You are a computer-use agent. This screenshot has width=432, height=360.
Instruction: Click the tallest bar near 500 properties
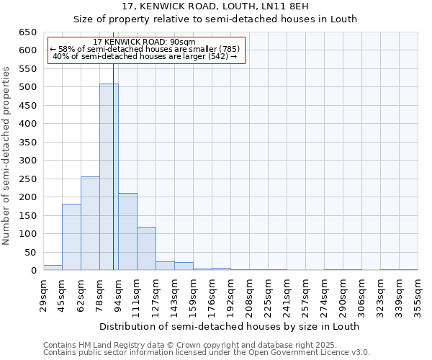click(x=108, y=177)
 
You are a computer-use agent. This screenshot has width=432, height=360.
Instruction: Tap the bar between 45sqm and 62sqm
click(x=71, y=238)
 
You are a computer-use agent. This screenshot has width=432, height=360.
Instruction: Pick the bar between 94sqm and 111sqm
click(x=127, y=232)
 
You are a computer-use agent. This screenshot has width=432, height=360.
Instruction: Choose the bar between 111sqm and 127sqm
click(x=146, y=249)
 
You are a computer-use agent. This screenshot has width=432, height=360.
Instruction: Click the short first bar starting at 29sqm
click(x=53, y=268)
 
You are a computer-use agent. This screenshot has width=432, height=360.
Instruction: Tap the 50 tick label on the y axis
click(x=31, y=253)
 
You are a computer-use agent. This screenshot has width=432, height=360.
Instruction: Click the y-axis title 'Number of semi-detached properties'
click(x=7, y=156)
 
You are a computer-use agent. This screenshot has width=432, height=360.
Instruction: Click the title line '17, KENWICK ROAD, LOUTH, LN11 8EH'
click(x=216, y=6)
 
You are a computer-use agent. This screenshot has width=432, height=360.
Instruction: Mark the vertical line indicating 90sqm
click(x=113, y=180)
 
